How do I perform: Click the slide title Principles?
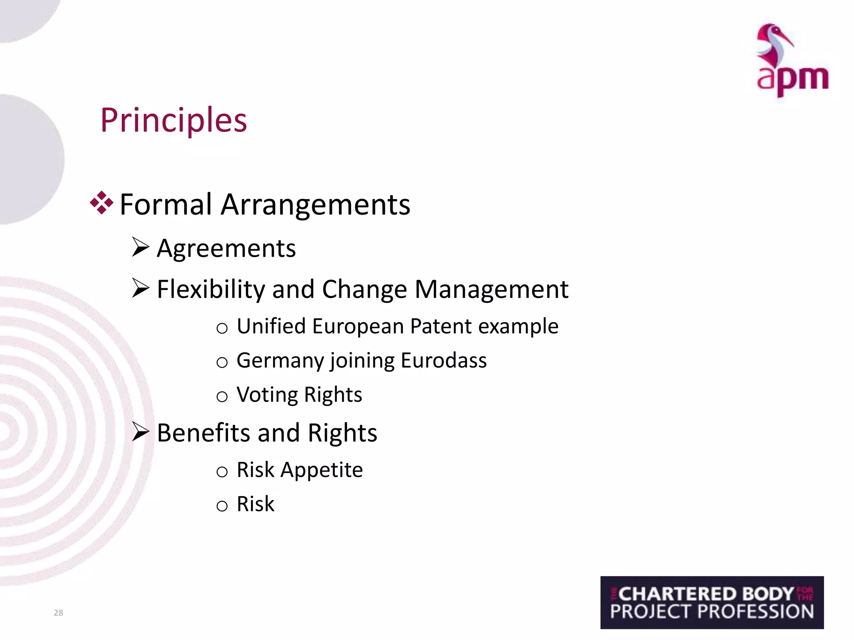coord(173,120)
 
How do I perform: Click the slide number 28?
coord(58,613)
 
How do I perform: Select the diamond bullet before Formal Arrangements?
coord(101,203)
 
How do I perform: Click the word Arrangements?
coord(315,204)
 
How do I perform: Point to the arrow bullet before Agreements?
coord(140,247)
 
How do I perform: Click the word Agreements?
coord(226,249)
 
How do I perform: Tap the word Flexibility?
coord(211,289)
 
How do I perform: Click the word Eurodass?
coord(443,361)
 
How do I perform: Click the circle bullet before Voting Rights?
coord(222,396)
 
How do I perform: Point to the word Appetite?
coord(322,470)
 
